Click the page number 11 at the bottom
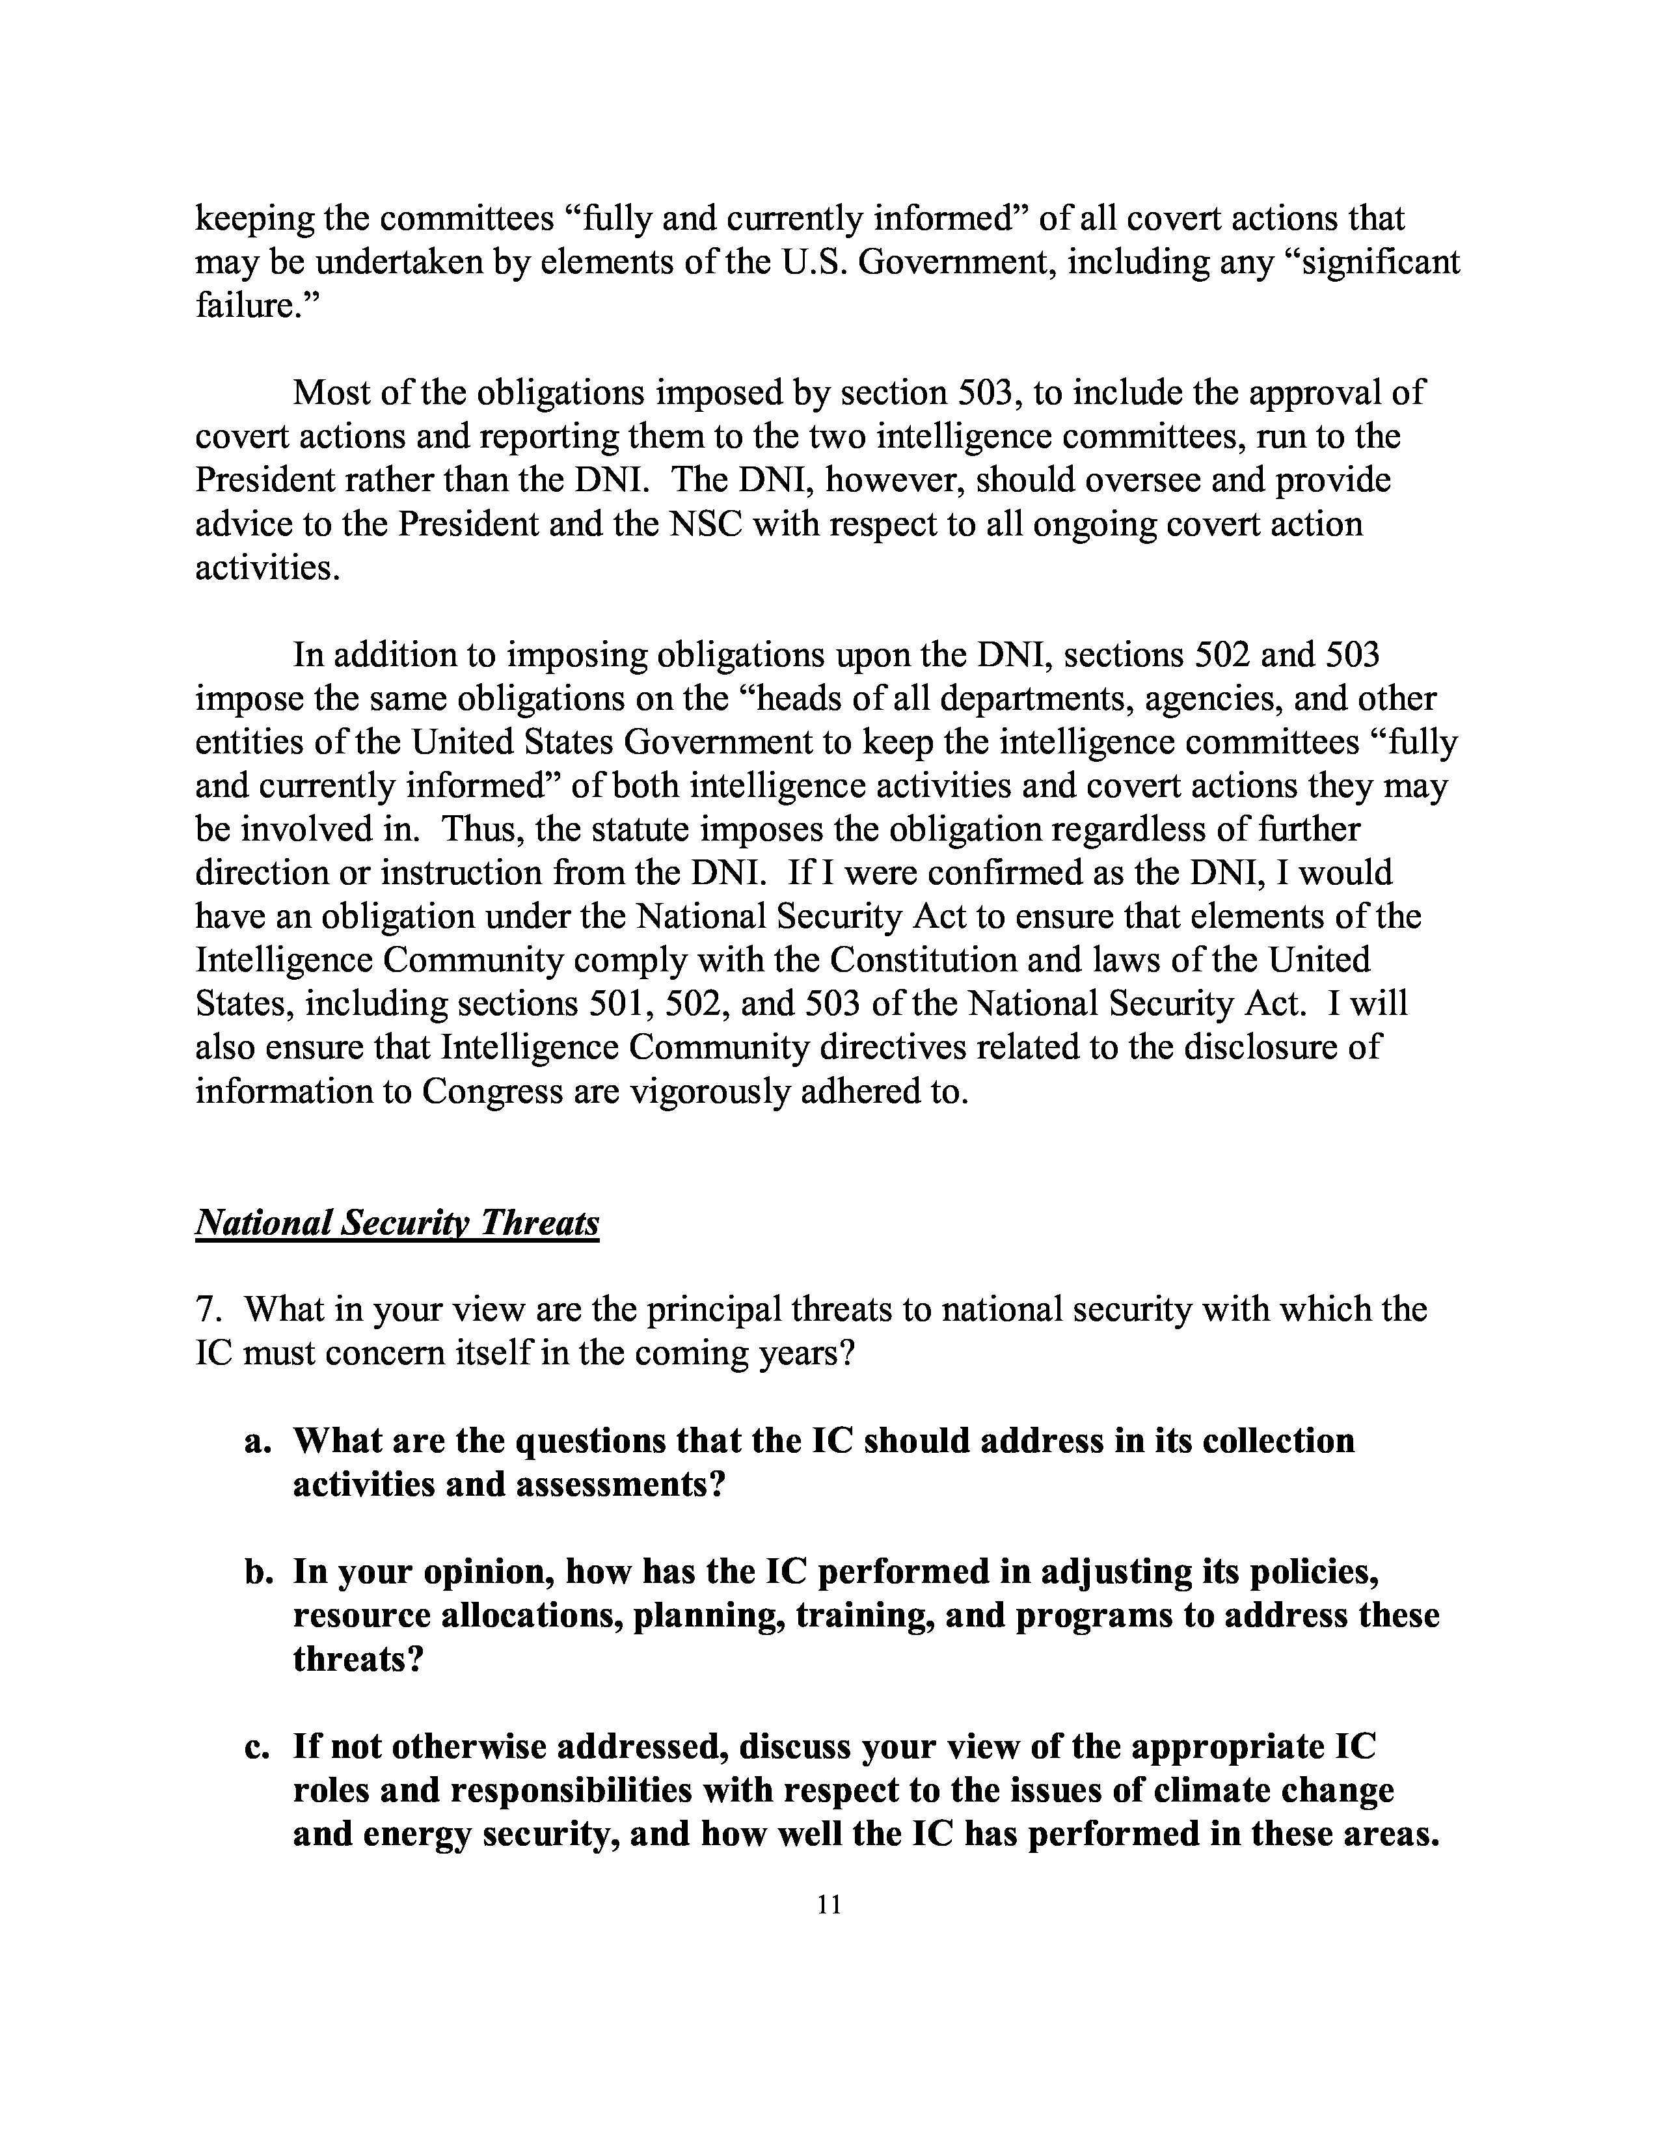(x=828, y=1905)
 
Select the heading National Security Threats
(x=397, y=1223)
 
